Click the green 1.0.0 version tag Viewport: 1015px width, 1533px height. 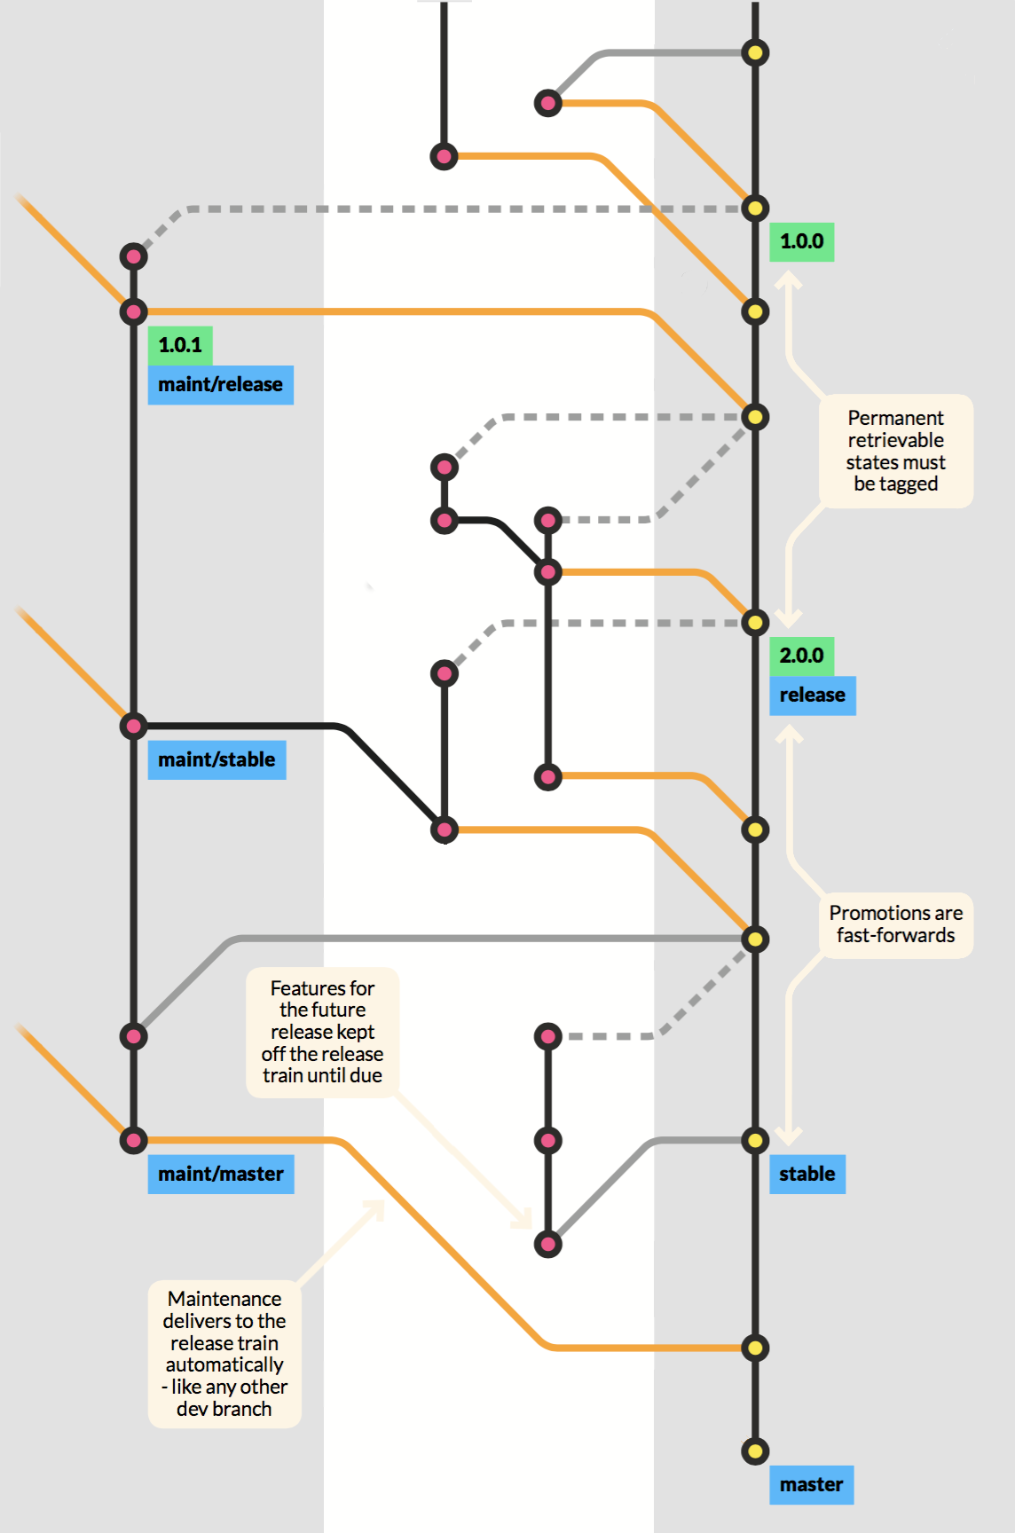(801, 241)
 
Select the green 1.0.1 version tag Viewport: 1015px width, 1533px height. (180, 345)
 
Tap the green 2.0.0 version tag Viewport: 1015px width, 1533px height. (801, 656)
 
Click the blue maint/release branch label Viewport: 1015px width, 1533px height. (220, 385)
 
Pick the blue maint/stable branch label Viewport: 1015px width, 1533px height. (216, 760)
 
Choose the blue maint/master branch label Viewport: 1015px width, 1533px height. (220, 1175)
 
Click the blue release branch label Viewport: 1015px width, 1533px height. (812, 696)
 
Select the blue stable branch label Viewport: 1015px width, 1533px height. (806, 1175)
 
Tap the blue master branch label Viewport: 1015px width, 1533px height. (811, 1485)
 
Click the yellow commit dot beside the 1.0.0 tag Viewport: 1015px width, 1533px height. (755, 208)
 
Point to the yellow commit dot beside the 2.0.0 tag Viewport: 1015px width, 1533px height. (755, 622)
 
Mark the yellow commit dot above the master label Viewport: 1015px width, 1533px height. (755, 1451)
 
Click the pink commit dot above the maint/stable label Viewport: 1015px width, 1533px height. (133, 727)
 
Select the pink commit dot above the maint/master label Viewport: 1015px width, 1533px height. (133, 1140)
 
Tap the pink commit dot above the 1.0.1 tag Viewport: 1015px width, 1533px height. (133, 311)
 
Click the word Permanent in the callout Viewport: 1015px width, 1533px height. (895, 418)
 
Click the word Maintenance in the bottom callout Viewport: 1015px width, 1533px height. (224, 1299)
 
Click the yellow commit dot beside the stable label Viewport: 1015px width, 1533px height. (755, 1140)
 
